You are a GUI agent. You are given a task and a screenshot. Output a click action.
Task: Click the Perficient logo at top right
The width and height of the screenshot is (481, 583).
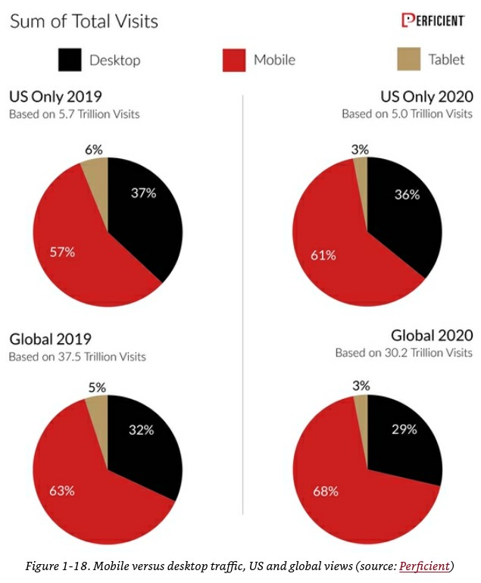pyautogui.click(x=433, y=20)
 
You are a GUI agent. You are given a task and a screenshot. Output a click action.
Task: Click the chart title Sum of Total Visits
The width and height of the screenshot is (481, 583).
pyautogui.click(x=84, y=20)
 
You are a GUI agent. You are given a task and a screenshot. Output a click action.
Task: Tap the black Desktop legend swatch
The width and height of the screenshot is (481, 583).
pyautogui.click(x=70, y=60)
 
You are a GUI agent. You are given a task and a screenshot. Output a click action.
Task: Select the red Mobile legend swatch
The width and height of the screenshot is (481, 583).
pyautogui.click(x=235, y=60)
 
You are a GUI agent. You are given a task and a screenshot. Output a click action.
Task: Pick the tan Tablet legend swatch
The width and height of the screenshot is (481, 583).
pyautogui.click(x=409, y=60)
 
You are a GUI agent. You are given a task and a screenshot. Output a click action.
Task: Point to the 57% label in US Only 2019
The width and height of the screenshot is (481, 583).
pyautogui.click(x=62, y=251)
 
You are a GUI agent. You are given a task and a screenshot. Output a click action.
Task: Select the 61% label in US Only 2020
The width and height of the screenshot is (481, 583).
pyautogui.click(x=323, y=255)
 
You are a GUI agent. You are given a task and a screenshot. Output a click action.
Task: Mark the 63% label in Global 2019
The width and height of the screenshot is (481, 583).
pyautogui.click(x=61, y=491)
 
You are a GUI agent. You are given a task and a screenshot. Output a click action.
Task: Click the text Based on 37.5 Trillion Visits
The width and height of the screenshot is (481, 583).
pyautogui.click(x=77, y=356)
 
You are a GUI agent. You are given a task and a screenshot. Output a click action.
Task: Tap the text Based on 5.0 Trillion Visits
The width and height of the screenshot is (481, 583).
pyautogui.click(x=407, y=114)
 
